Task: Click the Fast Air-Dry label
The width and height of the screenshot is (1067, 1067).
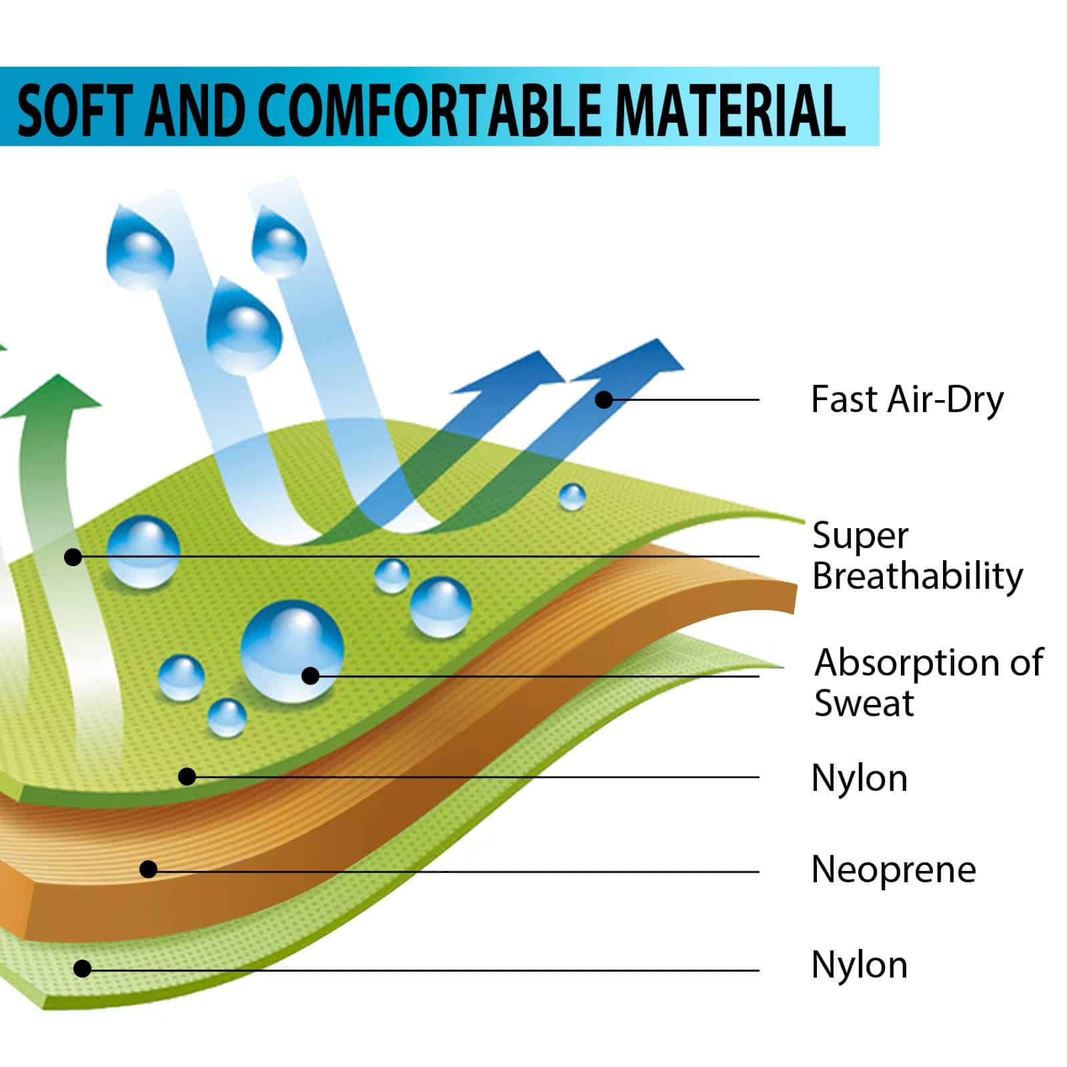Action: pos(907,399)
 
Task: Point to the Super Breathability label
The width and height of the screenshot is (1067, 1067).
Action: pos(918,556)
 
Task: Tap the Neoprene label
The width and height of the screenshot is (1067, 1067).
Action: pos(894,870)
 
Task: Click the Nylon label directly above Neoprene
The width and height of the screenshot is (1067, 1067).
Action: pos(860,778)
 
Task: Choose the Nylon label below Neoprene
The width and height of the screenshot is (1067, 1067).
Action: pos(860,964)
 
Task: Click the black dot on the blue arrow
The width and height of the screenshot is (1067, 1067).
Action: pos(604,400)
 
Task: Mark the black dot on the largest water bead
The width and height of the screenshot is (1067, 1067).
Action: pos(310,676)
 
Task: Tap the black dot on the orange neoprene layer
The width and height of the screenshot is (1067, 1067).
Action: pos(148,869)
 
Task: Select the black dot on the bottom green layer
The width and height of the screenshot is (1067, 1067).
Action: pos(82,968)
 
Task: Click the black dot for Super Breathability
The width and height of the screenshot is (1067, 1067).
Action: pos(73,556)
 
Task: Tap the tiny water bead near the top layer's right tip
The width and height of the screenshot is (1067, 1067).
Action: pos(572,497)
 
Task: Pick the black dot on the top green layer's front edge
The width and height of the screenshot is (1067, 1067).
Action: pos(187,776)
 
